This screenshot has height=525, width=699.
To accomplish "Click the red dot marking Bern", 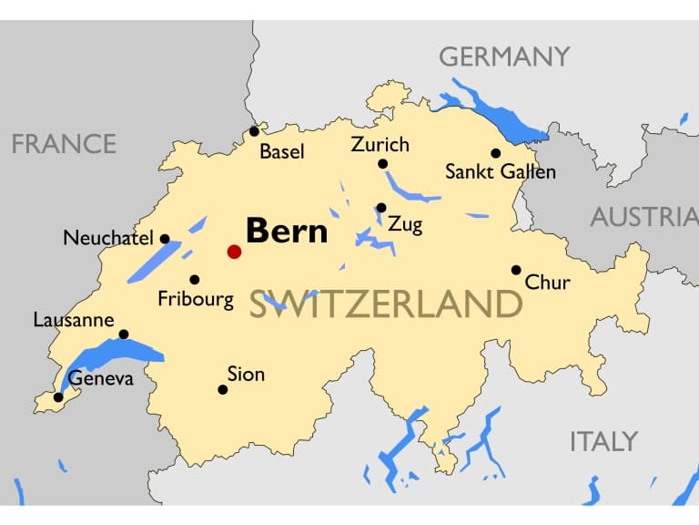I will tap(234, 252).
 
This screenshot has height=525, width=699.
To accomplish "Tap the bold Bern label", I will tap(287, 231).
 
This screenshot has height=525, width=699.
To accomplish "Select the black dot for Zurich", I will tap(382, 164).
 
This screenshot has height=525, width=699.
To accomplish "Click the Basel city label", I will tap(282, 151).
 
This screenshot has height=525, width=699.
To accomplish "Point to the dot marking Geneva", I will tap(58, 397).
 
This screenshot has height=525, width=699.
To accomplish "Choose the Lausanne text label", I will tap(74, 320).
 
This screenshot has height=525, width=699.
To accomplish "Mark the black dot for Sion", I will tap(222, 390).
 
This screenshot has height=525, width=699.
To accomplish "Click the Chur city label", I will tap(548, 282).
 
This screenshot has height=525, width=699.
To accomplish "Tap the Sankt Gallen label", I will tap(500, 171).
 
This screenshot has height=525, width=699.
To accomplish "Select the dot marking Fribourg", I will tap(194, 280).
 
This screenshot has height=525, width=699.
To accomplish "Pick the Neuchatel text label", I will tap(108, 239).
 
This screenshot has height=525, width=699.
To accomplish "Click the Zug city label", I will tap(405, 224).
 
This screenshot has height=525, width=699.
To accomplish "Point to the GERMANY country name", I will tap(504, 57).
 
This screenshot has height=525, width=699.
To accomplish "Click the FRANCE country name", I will tap(64, 144).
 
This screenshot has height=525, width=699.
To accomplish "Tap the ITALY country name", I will tap(603, 442).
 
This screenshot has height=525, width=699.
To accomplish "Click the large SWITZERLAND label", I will tap(386, 304).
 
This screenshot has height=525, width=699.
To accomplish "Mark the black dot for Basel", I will tap(255, 131).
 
